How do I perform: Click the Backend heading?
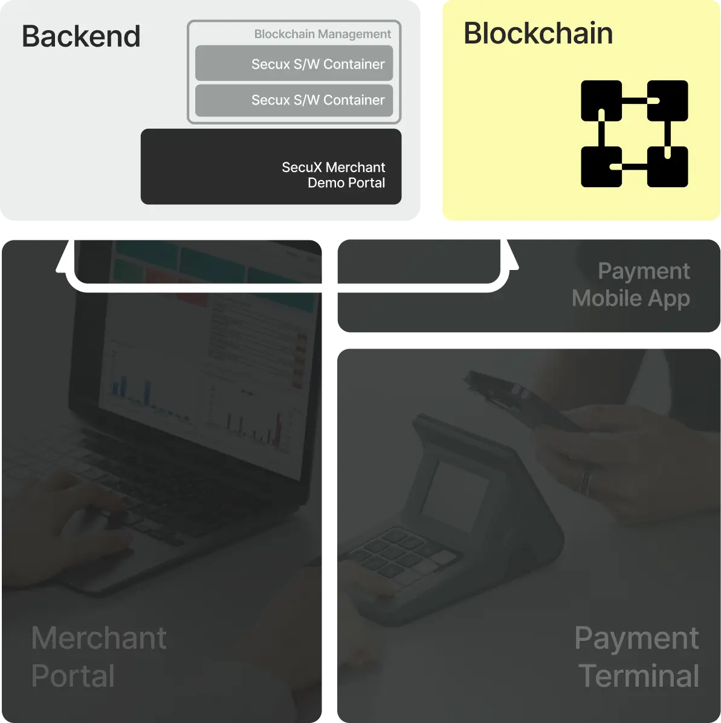click(81, 36)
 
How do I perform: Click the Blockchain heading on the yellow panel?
click(538, 33)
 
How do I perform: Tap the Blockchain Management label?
click(322, 34)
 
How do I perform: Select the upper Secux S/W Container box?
click(294, 63)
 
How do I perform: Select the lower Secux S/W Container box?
click(294, 100)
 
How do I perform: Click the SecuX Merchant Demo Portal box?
click(271, 167)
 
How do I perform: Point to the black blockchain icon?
click(634, 133)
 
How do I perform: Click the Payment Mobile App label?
click(631, 284)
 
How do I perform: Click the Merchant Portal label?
click(99, 657)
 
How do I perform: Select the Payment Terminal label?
click(638, 657)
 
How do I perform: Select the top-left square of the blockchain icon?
click(601, 100)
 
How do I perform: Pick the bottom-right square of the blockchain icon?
click(667, 167)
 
